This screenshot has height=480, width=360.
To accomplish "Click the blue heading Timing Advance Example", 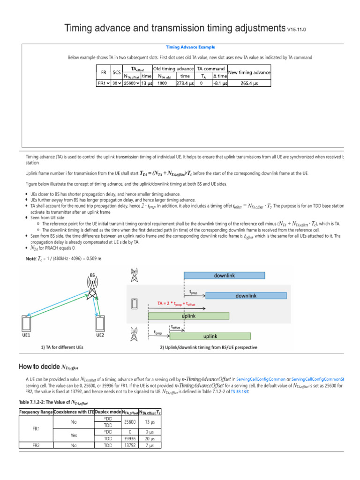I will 190,47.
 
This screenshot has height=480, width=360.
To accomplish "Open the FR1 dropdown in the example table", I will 103,83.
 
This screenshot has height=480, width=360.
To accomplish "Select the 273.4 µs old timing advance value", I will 185,83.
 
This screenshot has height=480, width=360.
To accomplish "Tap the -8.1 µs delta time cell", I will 220,83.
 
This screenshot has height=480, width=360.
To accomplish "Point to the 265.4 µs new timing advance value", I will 249,83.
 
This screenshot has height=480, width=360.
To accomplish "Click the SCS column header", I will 117,72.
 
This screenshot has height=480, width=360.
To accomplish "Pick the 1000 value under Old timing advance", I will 162,83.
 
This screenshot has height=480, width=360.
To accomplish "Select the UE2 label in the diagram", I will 100,335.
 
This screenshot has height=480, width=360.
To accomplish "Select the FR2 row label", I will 36,445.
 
